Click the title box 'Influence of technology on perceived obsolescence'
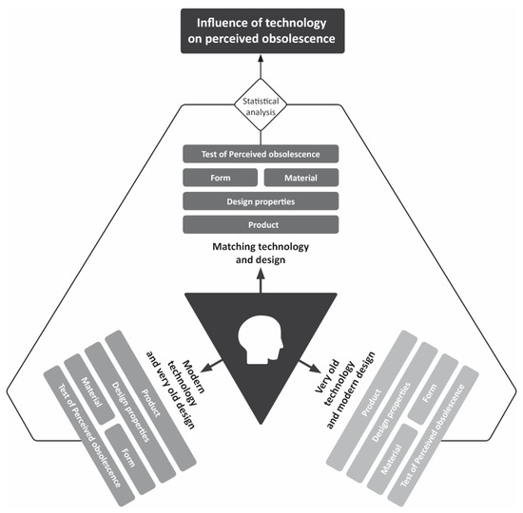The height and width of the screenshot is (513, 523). click(261, 30)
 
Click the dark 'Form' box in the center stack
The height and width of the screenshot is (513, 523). click(219, 178)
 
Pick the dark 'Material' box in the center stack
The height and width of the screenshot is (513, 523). click(301, 178)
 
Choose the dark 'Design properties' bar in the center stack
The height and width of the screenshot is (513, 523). click(261, 201)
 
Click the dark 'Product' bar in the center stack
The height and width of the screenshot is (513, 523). click(261, 224)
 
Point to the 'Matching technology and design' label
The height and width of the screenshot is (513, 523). click(261, 251)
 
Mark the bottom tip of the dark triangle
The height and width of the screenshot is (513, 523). click(261, 423)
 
